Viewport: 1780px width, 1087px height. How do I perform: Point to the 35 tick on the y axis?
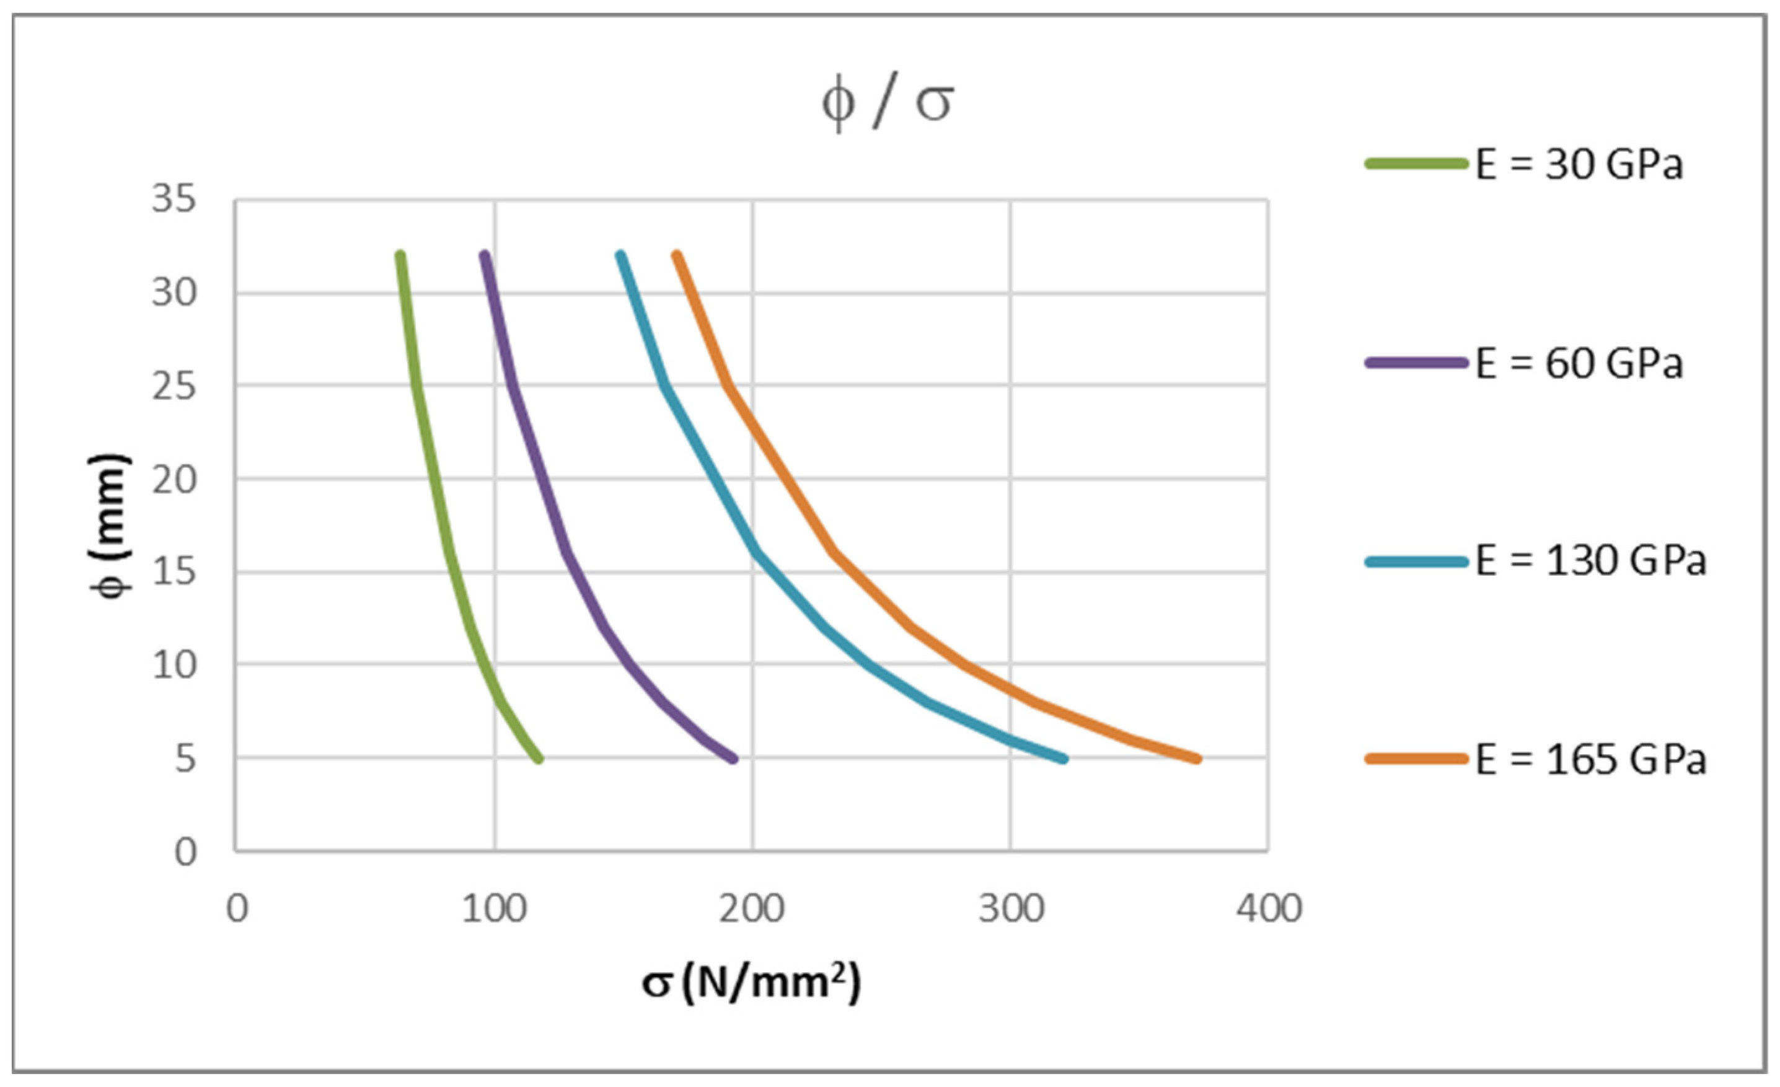pos(174,198)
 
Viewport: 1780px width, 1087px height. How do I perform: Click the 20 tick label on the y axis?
pos(174,480)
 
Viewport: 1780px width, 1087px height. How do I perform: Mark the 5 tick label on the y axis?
pos(186,759)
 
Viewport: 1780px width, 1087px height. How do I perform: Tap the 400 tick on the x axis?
pos(1269,909)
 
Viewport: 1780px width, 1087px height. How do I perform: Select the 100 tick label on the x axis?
pos(494,909)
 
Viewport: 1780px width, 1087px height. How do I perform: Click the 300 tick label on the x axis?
pos(1011,909)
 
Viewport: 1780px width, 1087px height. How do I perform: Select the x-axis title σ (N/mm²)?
pos(751,983)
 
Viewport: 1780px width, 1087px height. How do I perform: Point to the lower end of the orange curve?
pos(1197,759)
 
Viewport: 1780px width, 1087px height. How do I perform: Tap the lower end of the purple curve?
pos(734,759)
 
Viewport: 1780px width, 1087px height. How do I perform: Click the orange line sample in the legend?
pos(1416,759)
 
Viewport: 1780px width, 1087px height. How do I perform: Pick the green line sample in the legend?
pos(1416,164)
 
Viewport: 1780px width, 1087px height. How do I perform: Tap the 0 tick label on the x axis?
pos(237,909)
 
